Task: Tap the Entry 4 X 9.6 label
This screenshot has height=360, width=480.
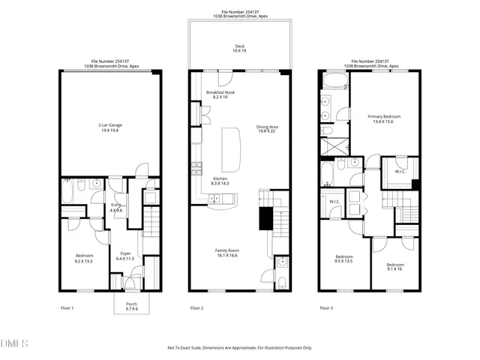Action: (116, 207)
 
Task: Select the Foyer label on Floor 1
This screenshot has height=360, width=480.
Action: (126, 256)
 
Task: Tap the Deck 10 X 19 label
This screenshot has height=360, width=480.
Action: (239, 49)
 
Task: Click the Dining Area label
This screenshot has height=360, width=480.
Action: (266, 129)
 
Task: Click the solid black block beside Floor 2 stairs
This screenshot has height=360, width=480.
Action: (265, 219)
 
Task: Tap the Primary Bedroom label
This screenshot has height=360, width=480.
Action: (383, 118)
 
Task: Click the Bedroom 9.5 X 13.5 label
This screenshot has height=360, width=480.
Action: (343, 259)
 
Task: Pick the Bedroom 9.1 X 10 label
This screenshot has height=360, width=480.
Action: (395, 266)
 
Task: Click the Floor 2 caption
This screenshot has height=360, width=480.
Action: (197, 308)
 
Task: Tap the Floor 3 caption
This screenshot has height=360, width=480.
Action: (327, 308)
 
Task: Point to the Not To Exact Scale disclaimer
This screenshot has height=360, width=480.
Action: (239, 348)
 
